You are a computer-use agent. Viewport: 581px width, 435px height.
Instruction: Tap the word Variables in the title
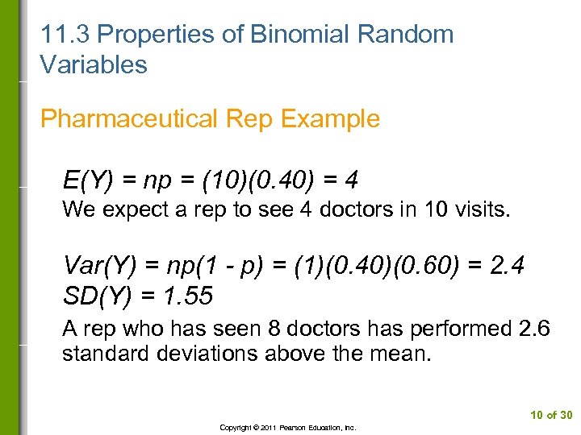pos(94,64)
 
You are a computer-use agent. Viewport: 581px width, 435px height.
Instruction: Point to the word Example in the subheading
pos(332,118)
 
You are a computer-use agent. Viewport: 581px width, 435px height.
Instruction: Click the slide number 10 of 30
pos(551,415)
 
